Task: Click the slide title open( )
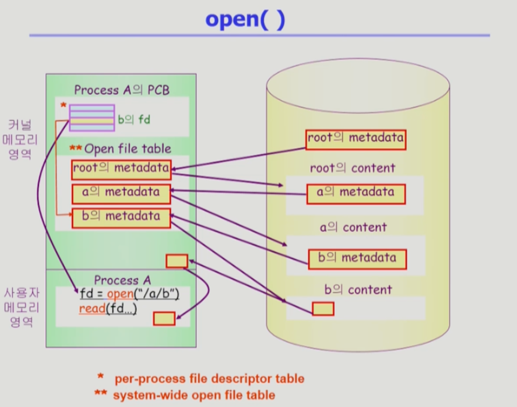pos(245,19)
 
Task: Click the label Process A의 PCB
pos(122,91)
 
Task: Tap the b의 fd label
pos(134,120)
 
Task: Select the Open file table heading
pos(127,149)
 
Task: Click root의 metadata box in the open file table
pos(121,168)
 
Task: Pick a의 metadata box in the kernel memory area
pos(121,193)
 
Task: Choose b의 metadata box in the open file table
pos(121,216)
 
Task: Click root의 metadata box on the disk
pos(356,139)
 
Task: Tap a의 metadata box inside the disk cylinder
pos(356,193)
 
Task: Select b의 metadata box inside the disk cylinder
pos(357,259)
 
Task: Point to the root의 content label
pos(352,168)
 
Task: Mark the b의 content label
pos(358,290)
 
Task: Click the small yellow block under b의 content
pos(323,309)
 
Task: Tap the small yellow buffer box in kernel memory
pos(176,261)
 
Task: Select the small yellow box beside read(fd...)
pos(164,318)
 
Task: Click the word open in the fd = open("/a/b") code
pos(119,294)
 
